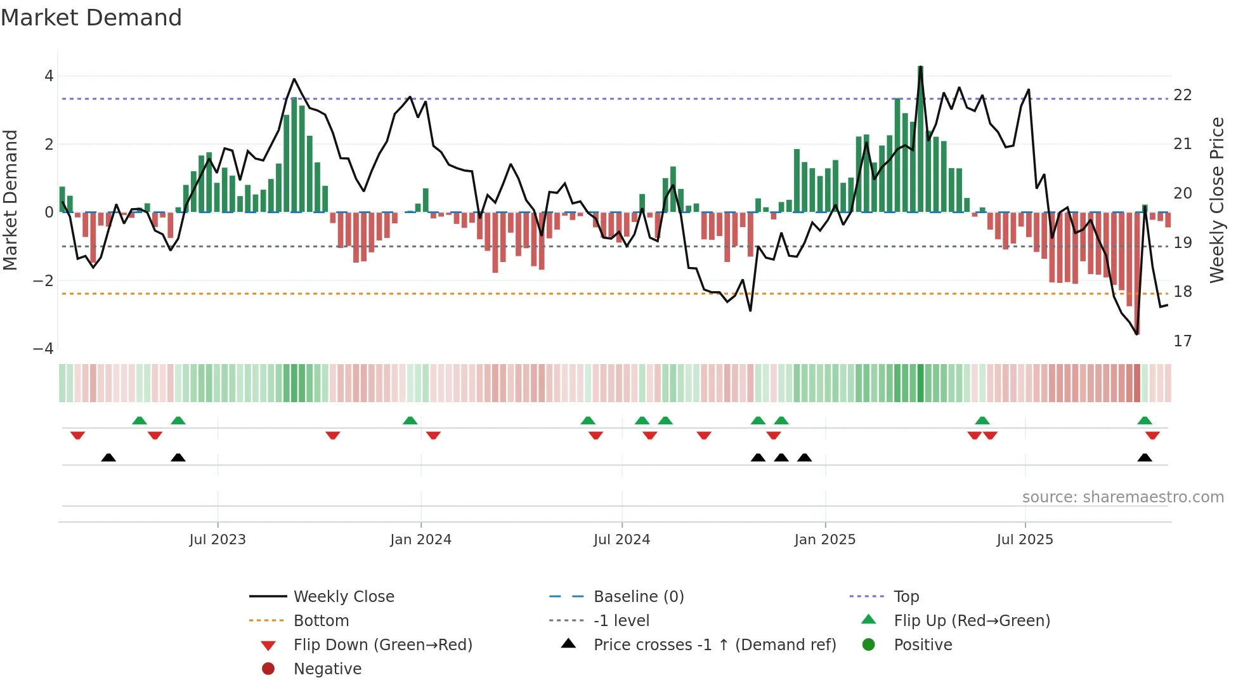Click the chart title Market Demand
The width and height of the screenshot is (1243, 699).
(91, 18)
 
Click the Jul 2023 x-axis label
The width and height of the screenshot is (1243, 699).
(218, 540)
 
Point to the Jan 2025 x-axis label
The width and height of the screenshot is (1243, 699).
(824, 540)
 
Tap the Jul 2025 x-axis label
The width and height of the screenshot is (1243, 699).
(1025, 540)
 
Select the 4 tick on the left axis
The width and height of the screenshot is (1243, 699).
(49, 76)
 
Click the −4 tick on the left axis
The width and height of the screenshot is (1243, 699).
(43, 349)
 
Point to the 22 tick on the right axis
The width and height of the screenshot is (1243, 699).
(1183, 95)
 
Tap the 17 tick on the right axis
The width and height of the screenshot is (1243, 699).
(1183, 341)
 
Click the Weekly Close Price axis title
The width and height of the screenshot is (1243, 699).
(1216, 200)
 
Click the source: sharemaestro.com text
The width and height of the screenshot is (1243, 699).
(1123, 497)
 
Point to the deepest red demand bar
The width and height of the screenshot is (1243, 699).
(1137, 273)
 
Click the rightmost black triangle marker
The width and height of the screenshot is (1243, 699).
(1145, 458)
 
